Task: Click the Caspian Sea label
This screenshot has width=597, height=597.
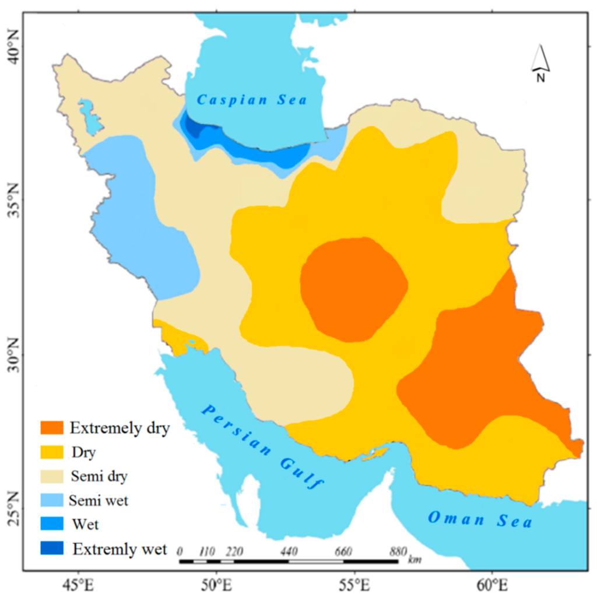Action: point(252,100)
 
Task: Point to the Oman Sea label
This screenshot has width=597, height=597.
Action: point(479,518)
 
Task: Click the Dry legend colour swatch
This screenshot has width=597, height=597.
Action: point(51,452)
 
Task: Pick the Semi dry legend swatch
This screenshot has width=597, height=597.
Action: point(51,476)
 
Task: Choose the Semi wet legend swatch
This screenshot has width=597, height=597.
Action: point(51,500)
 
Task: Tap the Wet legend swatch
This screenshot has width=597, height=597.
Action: point(51,524)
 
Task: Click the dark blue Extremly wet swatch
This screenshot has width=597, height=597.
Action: point(51,548)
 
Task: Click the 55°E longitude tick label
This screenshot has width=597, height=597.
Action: point(354,584)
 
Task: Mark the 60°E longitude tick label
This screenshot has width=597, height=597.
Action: point(491,584)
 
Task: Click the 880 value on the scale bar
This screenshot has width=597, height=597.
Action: point(398,551)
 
